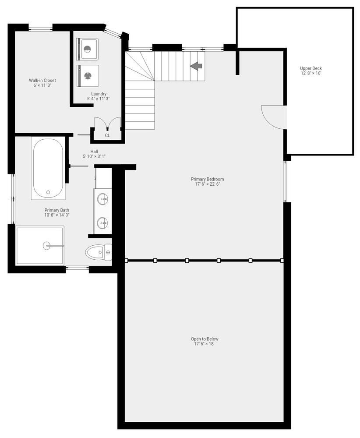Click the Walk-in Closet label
tap(42, 81)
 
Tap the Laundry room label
tap(99, 94)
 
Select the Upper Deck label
tap(311, 68)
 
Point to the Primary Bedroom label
tap(208, 179)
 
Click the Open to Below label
tap(205, 339)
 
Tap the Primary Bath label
tap(56, 210)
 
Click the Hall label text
tap(94, 151)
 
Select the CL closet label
tap(107, 136)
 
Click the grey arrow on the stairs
tap(196, 66)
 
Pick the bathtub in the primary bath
tap(48, 169)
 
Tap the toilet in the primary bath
tap(99, 252)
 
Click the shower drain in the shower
tap(47, 246)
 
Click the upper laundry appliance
tap(88, 49)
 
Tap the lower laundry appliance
tap(88, 75)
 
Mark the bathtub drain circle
tap(48, 192)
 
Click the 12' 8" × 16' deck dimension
tap(311, 74)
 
